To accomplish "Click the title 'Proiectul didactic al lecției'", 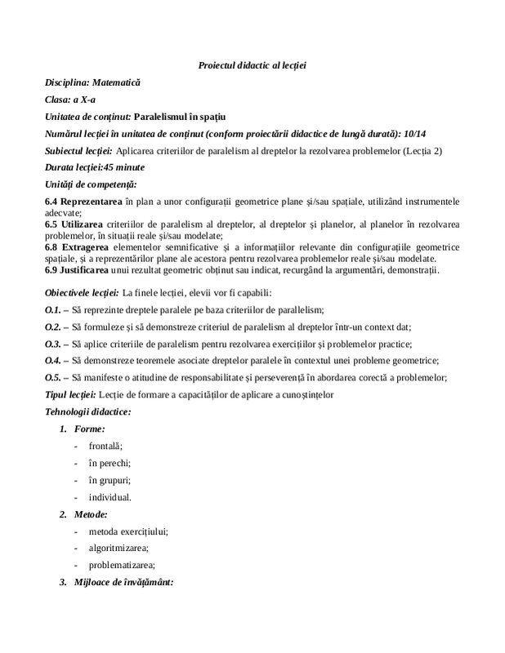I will click(x=252, y=64).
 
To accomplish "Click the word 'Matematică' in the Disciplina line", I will click(x=116, y=82).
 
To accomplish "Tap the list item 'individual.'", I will click(x=109, y=496).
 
